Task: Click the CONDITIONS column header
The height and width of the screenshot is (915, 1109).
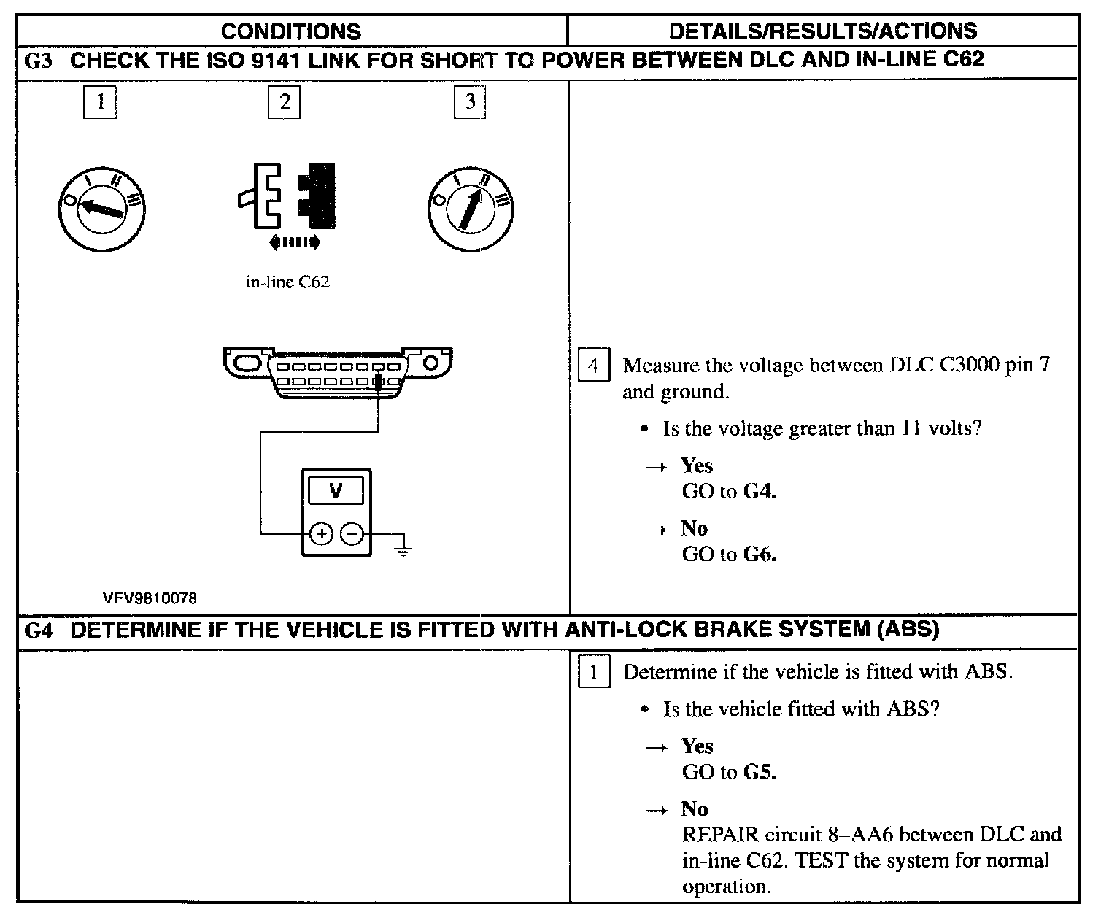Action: point(290,31)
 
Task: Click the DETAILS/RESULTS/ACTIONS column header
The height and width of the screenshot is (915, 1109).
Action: point(822,31)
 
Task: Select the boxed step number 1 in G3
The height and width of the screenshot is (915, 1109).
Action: point(100,101)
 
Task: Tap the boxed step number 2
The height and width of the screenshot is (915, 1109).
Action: point(285,101)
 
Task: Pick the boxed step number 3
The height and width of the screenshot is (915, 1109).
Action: point(470,101)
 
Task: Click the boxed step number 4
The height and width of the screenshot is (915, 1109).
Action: point(593,365)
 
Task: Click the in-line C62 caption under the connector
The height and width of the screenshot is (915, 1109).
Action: point(287,282)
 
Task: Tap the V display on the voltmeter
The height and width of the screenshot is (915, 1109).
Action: point(336,490)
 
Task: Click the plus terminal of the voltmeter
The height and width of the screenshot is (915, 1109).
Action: point(321,534)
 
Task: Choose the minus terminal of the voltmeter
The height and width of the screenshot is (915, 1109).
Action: point(352,534)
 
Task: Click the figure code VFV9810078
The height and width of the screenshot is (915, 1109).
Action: point(150,598)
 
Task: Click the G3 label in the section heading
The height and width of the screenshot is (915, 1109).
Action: point(38,61)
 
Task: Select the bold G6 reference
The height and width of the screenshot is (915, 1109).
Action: point(760,555)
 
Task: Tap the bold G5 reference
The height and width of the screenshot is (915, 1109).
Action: point(760,772)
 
